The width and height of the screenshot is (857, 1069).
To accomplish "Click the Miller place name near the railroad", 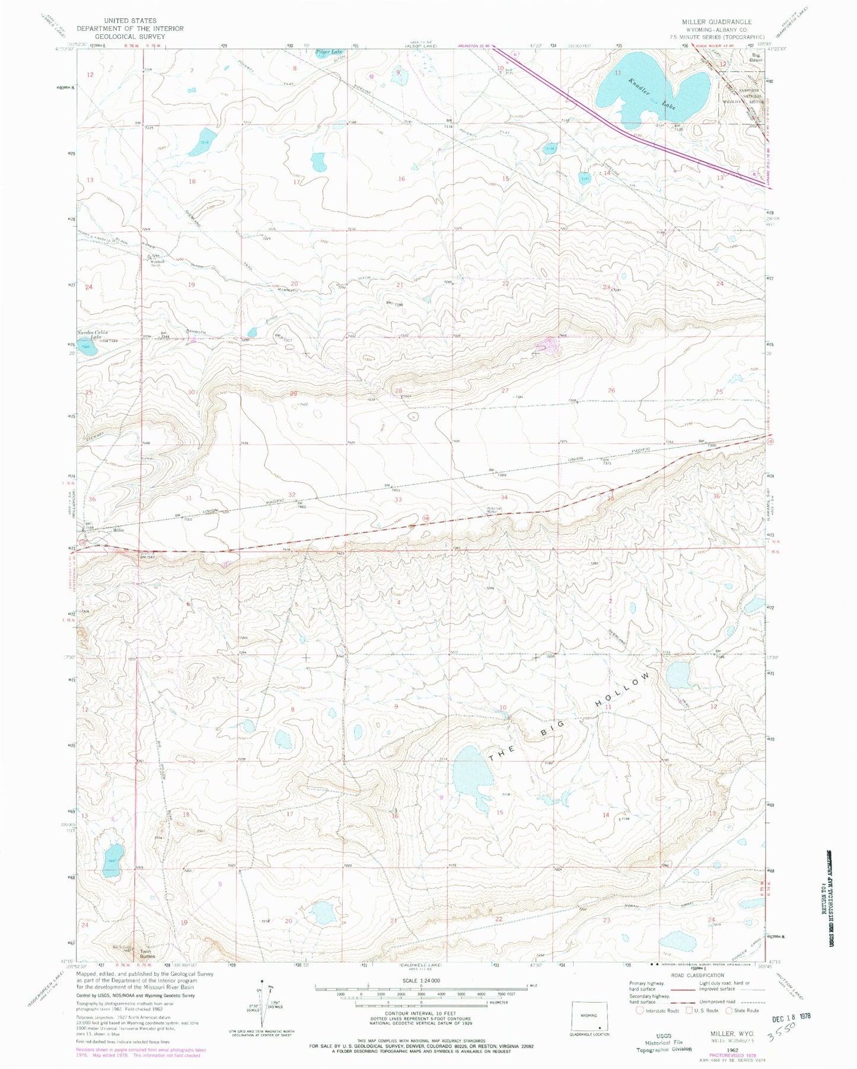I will [x=118, y=530].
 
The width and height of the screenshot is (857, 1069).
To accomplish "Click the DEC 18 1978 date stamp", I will [x=791, y=1016].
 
